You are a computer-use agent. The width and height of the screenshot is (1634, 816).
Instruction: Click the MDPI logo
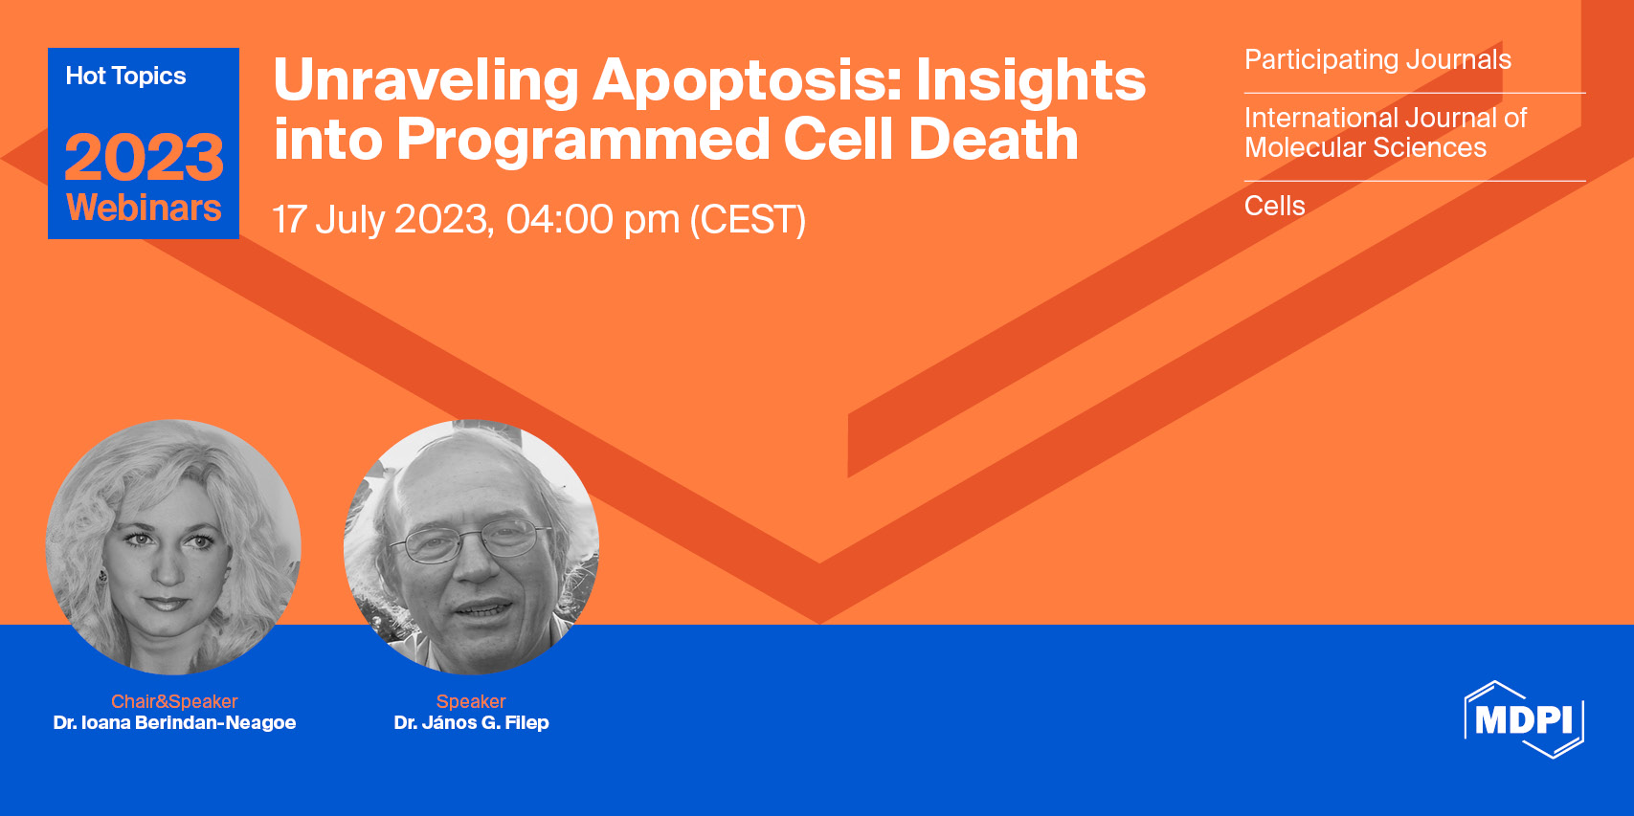[1524, 719]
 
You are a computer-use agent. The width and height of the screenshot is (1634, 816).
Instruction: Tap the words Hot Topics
[125, 76]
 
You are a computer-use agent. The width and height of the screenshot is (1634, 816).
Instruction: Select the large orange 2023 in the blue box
[144, 157]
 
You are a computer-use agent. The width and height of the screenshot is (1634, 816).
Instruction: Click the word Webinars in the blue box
[144, 208]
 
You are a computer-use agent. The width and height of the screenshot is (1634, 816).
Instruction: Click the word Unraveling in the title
[425, 81]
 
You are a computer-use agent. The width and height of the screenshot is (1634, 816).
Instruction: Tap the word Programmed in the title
[583, 142]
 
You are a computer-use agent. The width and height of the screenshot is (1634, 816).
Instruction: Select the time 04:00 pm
[593, 219]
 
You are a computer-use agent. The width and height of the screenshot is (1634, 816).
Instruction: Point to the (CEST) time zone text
[748, 219]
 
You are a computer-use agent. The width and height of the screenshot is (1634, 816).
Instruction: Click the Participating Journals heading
[1377, 60]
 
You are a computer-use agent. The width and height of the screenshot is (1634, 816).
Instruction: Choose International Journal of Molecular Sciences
[1385, 133]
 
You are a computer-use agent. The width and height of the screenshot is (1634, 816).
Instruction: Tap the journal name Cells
[1274, 207]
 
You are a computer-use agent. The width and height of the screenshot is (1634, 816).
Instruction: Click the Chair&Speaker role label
[173, 701]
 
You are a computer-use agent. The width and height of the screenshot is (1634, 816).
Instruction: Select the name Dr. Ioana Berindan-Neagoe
[174, 722]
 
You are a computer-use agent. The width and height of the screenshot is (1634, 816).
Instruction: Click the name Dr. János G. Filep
[471, 722]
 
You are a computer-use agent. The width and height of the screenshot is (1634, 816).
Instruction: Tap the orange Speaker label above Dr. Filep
[471, 701]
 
